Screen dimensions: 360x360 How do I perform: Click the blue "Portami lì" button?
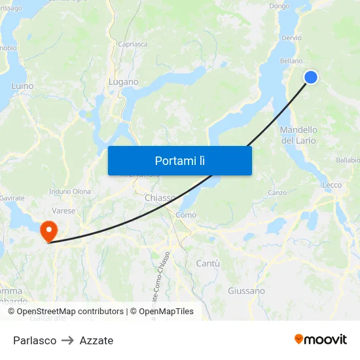coord(179,160)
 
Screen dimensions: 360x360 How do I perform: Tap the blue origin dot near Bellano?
coord(311,77)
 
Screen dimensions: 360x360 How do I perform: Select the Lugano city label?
coord(123,82)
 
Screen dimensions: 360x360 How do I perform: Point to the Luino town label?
coord(22,86)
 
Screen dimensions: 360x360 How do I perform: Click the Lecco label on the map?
coord(332,185)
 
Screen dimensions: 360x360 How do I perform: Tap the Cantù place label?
coord(208,263)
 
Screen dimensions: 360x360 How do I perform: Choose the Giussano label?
coord(246,291)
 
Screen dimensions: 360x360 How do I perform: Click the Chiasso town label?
coord(160,198)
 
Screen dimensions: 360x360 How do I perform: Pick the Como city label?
coord(186,215)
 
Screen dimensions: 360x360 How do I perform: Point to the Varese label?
coord(63,211)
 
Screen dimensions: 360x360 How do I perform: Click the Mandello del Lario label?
coord(298,135)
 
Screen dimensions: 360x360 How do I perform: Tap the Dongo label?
coord(279,6)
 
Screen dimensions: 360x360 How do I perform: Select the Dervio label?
coord(292,38)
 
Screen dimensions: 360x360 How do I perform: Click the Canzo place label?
coord(278,192)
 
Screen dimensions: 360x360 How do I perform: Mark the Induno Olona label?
coord(70,191)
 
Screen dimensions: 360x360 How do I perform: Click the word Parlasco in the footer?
coord(35,340)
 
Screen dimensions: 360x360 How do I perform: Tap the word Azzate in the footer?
coord(96,340)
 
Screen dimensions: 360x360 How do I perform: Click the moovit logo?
coord(321,339)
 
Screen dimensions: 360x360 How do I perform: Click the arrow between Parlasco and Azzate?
coord(68,340)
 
